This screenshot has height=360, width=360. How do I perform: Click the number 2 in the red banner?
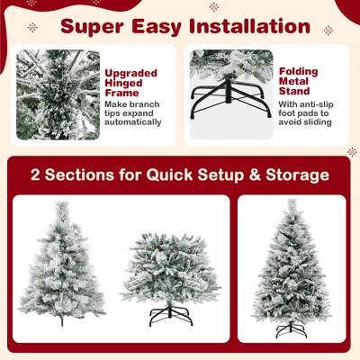(37, 175)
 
